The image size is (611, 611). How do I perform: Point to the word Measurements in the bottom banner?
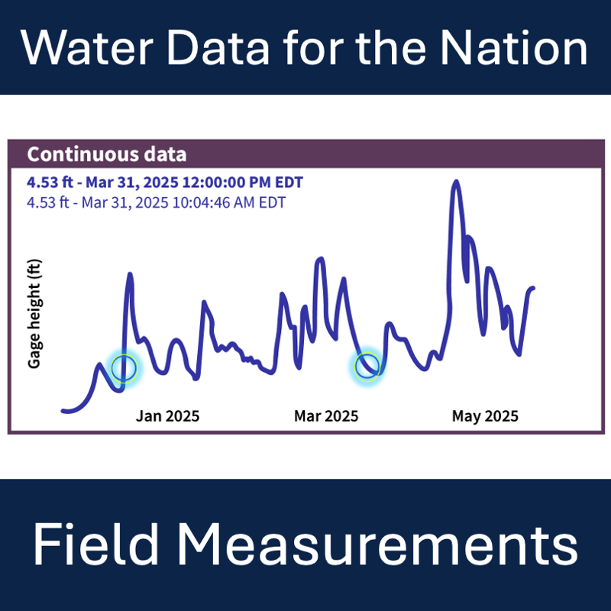click(377, 545)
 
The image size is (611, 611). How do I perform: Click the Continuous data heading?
click(106, 154)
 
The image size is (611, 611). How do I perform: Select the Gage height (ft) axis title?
click(34, 314)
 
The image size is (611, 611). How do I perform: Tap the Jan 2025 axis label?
click(167, 416)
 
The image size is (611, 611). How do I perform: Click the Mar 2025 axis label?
click(326, 416)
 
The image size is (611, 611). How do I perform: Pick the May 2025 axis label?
click(485, 416)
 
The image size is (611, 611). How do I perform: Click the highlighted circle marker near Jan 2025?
click(124, 367)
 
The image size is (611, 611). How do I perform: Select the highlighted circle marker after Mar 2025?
click(367, 365)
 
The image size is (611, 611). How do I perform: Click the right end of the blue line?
click(533, 288)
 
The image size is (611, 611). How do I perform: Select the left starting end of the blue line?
click(63, 412)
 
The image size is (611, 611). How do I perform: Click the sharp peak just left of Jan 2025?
click(129, 274)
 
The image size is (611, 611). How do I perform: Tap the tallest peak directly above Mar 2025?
click(319, 260)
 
